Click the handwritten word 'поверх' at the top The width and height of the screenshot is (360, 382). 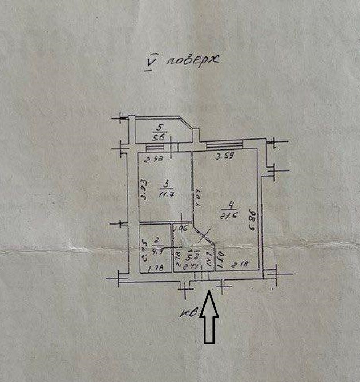coord(193,61)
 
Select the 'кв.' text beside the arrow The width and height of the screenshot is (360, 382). coord(191,312)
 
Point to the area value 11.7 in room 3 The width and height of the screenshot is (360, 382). coord(166,194)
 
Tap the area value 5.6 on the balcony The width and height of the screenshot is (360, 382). coord(160,137)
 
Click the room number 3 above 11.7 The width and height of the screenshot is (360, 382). coord(165,185)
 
